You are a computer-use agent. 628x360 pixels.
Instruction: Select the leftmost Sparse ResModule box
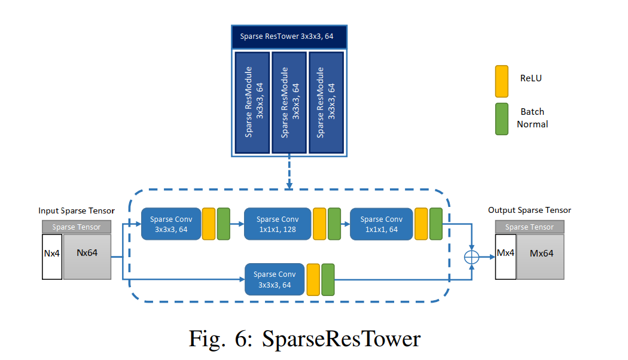coord(252,102)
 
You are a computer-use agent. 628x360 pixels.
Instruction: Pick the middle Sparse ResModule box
coord(289,102)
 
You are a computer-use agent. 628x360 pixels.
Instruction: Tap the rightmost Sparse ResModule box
coord(326,102)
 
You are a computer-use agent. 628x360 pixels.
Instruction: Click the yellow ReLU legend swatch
coord(502,81)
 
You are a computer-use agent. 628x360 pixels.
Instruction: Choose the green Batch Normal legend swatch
coord(502,118)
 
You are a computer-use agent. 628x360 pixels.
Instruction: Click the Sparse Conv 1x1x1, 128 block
coord(278,224)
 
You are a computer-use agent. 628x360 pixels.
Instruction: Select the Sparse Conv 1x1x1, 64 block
coord(381,224)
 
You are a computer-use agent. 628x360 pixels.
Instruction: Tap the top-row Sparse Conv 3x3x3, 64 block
coord(170,224)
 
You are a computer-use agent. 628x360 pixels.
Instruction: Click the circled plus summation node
coord(472,257)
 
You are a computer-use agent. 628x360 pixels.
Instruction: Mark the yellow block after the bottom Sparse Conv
coord(313,279)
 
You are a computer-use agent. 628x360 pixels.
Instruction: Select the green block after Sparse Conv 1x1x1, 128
coord(334,224)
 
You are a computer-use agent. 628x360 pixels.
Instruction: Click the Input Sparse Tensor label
coord(76,210)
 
